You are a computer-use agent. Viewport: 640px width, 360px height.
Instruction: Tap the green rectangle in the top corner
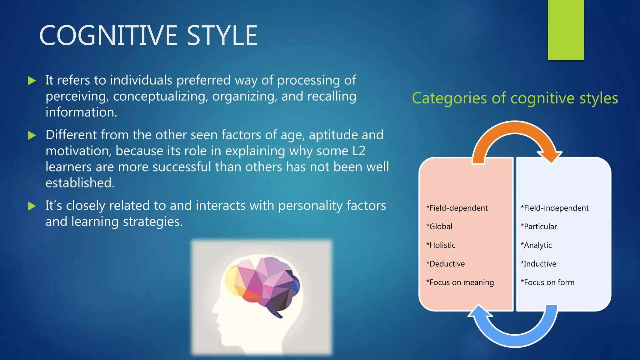point(566,30)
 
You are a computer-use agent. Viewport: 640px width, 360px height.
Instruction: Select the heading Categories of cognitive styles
point(515,98)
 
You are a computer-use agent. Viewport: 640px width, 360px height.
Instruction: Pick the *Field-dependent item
point(457,208)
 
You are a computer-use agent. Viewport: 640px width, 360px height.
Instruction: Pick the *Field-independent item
point(555,208)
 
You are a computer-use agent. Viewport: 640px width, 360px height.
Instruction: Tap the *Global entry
point(439,227)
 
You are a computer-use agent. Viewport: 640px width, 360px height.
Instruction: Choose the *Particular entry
point(539,227)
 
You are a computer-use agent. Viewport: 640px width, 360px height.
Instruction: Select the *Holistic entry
point(441,245)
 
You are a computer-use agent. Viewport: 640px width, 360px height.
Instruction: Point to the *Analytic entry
point(536,245)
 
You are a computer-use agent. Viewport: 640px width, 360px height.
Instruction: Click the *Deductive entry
point(446,264)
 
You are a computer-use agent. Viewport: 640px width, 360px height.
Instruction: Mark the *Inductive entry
point(538,264)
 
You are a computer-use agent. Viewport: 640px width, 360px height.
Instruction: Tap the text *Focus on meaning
point(460,282)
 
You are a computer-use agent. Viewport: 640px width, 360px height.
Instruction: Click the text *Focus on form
point(547,282)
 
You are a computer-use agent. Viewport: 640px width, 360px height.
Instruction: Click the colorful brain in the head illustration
point(262,284)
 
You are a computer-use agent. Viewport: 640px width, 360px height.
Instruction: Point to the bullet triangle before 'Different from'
point(32,136)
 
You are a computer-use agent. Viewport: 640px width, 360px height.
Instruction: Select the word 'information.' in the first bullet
point(81,112)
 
